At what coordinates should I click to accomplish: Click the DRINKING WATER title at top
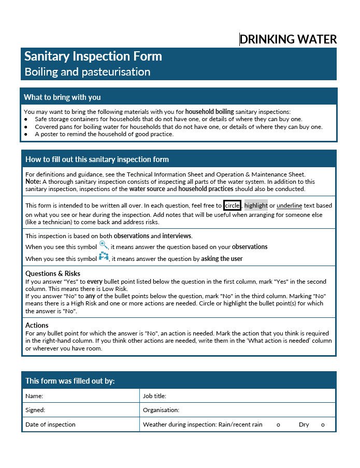(288, 39)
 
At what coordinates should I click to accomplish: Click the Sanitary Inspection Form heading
(93, 56)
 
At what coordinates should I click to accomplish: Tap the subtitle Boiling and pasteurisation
(88, 72)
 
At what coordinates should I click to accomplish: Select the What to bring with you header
(62, 97)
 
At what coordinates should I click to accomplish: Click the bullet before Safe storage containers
(26, 119)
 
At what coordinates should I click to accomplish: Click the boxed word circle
(232, 206)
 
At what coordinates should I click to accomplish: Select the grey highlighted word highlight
(256, 206)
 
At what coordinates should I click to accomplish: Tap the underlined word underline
(289, 206)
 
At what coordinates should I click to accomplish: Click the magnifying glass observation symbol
(104, 245)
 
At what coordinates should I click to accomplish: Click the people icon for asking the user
(104, 257)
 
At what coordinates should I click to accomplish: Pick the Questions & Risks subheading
(53, 273)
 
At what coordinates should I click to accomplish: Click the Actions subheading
(37, 325)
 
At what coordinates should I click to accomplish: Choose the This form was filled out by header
(70, 381)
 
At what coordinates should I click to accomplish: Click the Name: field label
(34, 396)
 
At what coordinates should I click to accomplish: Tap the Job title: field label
(154, 396)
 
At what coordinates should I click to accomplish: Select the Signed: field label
(35, 410)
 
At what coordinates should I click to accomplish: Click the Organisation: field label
(161, 410)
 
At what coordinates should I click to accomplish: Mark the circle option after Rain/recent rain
(278, 425)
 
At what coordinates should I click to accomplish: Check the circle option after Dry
(323, 425)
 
